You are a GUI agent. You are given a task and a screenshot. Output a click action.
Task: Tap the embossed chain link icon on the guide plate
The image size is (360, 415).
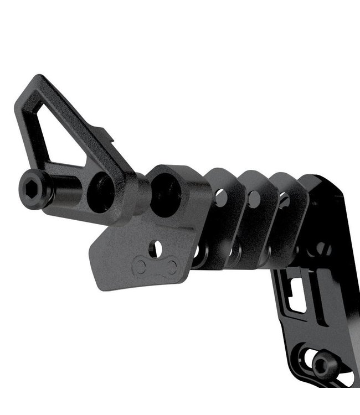(156, 267)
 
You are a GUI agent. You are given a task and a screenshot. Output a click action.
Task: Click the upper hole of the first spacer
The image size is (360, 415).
(220, 197)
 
